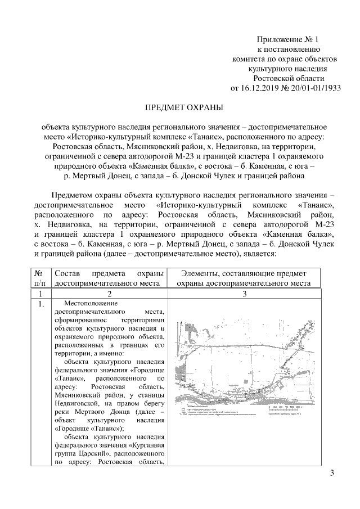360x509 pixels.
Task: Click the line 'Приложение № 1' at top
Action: tap(287, 39)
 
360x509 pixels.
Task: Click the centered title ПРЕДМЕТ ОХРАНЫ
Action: tap(181, 106)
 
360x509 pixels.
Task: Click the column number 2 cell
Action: tap(109, 294)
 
